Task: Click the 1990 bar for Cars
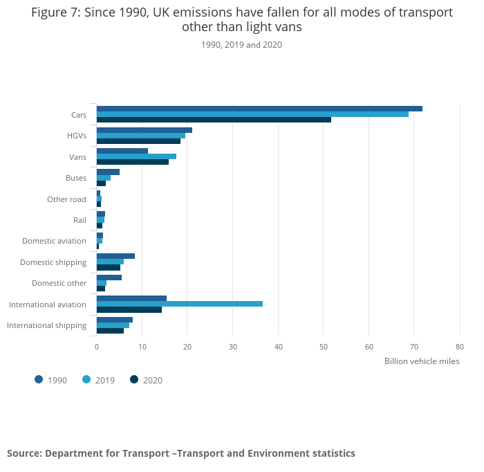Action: click(x=259, y=109)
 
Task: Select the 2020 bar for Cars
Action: click(x=214, y=120)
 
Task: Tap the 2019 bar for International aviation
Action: click(x=180, y=304)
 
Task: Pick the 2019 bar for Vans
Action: click(x=136, y=156)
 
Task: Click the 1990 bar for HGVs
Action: click(x=145, y=130)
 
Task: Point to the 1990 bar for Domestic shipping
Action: click(x=115, y=256)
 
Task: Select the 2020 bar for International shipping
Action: click(x=110, y=331)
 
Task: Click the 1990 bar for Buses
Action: click(x=108, y=172)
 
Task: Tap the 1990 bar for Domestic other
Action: click(x=109, y=278)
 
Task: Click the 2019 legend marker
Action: click(x=86, y=379)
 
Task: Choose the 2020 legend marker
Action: click(x=134, y=379)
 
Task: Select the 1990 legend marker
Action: click(x=39, y=379)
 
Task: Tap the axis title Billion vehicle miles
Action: click(x=422, y=361)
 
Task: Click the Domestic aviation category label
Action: click(x=54, y=241)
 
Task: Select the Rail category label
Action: click(x=80, y=220)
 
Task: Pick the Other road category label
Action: click(x=66, y=199)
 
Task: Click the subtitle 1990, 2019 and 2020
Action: click(x=241, y=45)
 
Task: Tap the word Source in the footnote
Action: click(x=24, y=453)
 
